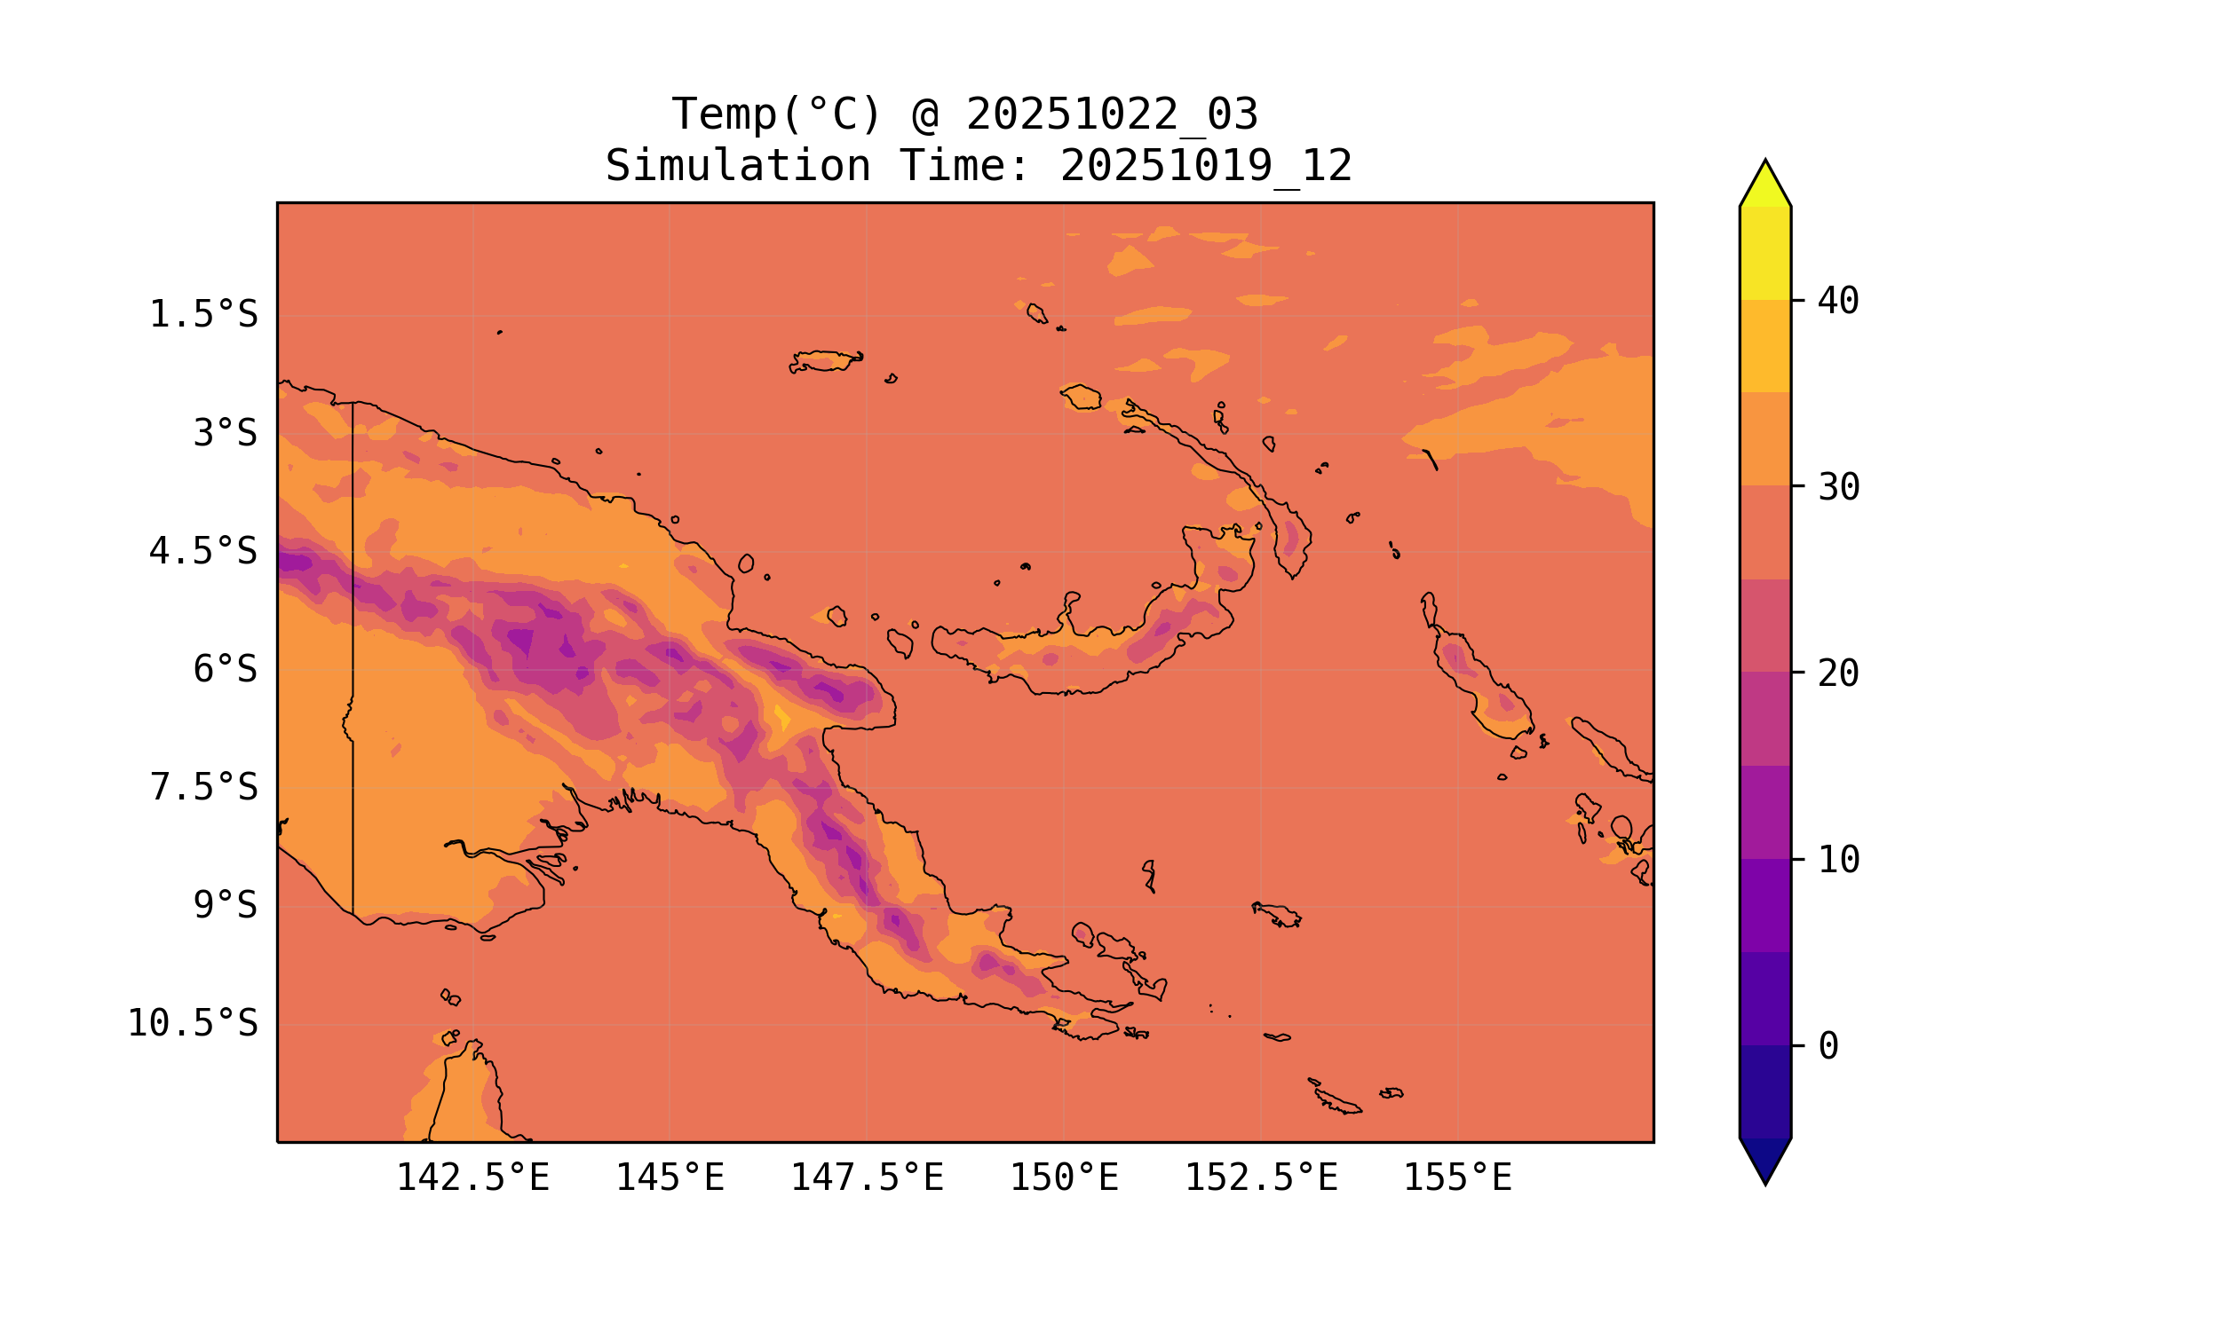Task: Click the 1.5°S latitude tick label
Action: [x=202, y=315]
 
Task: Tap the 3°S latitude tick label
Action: [x=225, y=433]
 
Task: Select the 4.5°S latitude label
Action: [x=202, y=552]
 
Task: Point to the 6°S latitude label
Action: [x=225, y=669]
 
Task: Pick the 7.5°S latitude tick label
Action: [x=202, y=787]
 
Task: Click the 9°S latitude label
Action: [x=225, y=905]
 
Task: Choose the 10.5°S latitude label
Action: [x=192, y=1023]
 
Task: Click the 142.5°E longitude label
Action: [x=473, y=1177]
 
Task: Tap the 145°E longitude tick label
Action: [x=670, y=1177]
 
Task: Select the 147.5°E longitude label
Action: [x=867, y=1177]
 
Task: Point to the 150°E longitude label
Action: [x=1064, y=1177]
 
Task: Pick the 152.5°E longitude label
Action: [x=1261, y=1177]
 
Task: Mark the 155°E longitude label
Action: [x=1457, y=1177]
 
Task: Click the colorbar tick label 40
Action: [x=1838, y=302]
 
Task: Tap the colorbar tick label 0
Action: [x=1828, y=1047]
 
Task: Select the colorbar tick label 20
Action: [x=1838, y=673]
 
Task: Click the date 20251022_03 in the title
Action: [x=1112, y=114]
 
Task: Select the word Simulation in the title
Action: [x=738, y=167]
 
